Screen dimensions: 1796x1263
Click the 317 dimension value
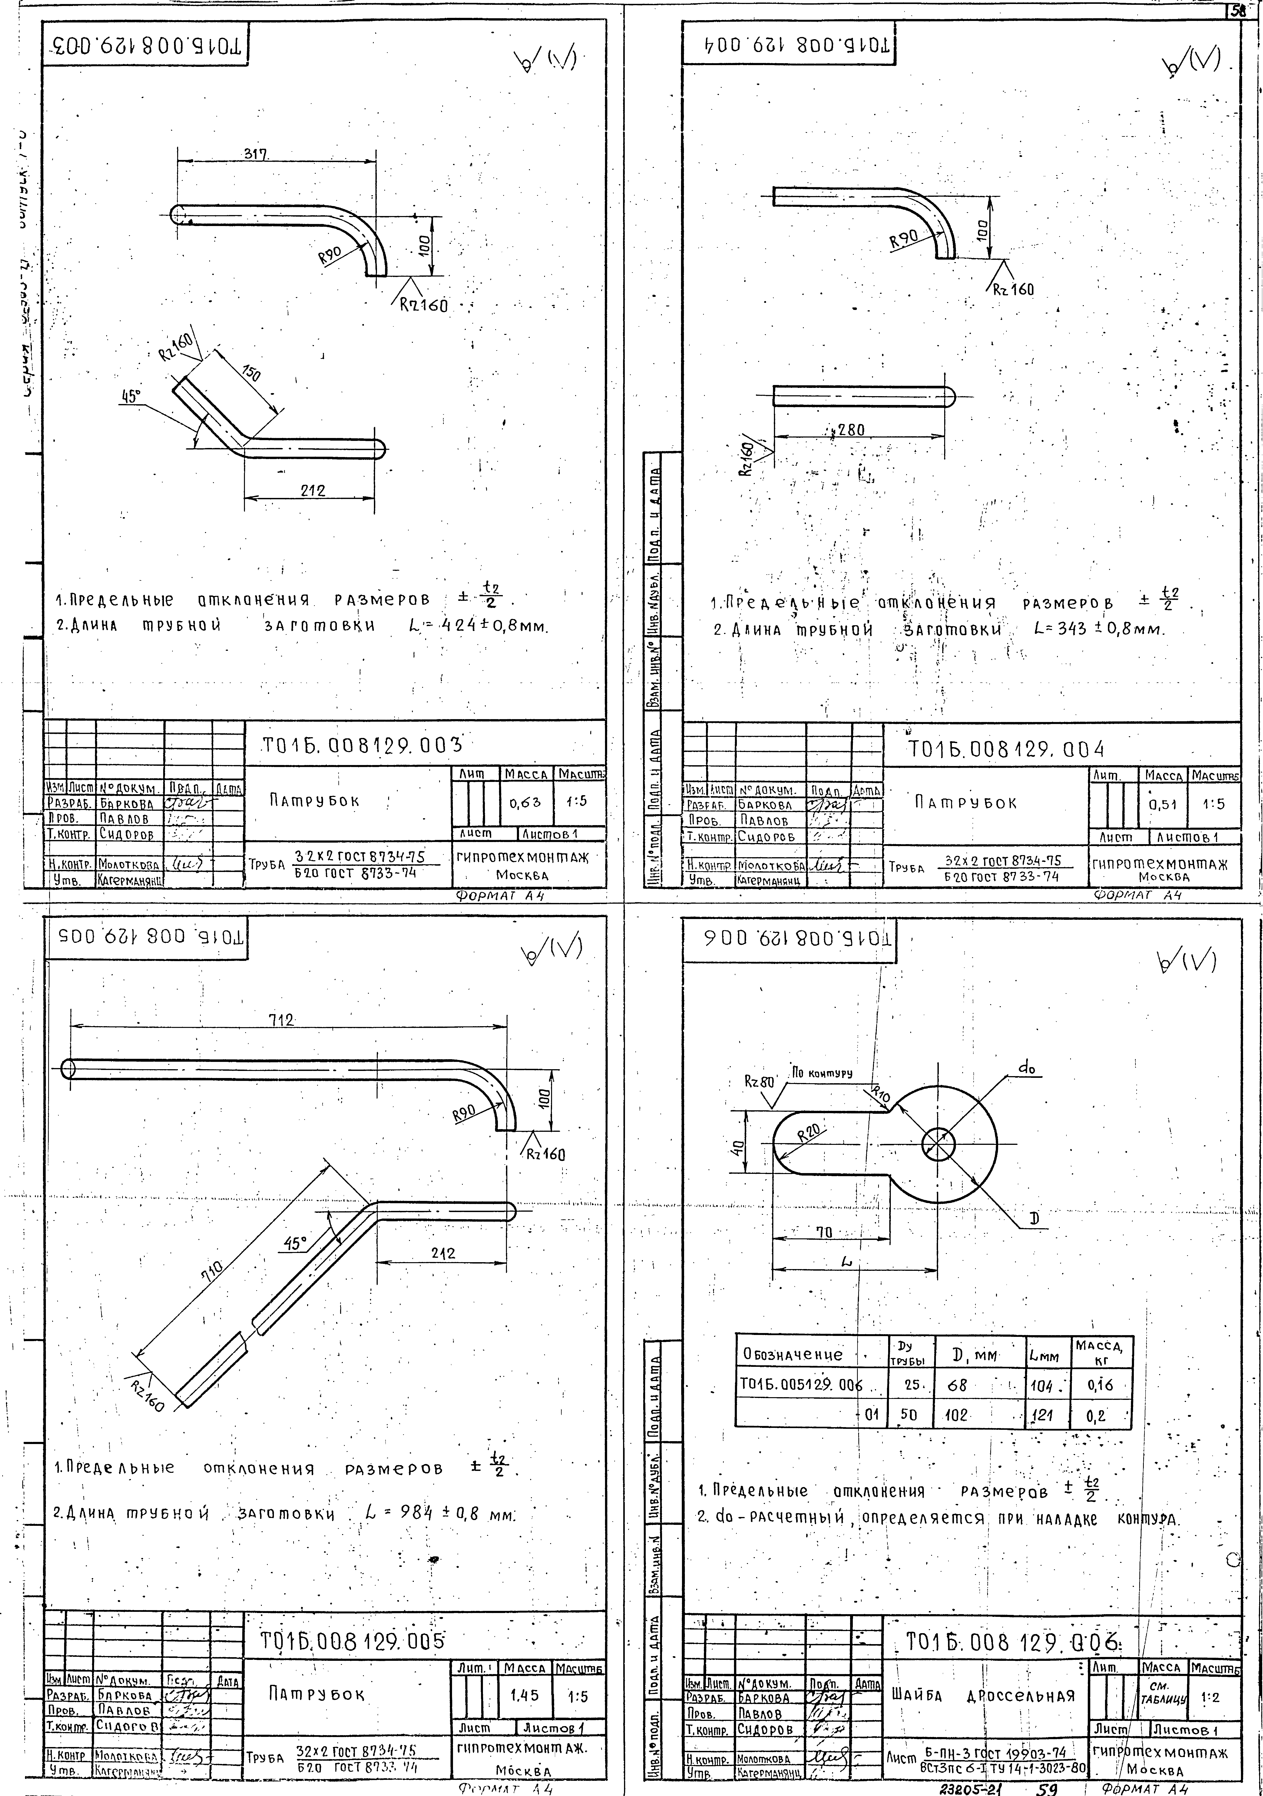[256, 154]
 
